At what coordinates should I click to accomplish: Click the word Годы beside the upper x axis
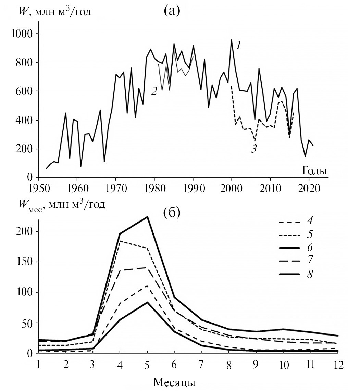pos(314,170)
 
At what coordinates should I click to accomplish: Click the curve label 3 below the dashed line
pos(253,149)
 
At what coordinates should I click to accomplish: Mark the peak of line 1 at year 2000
pos(232,40)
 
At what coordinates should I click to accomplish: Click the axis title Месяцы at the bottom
pos(174,382)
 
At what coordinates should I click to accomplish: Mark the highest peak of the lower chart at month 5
pos(147,217)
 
